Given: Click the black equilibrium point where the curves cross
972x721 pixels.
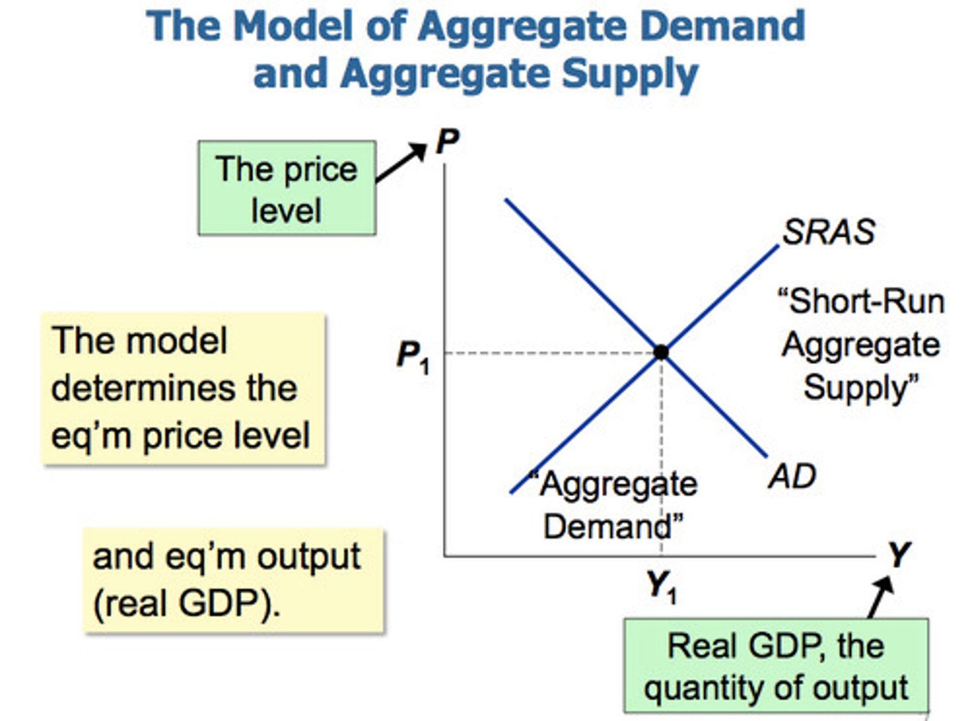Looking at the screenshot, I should click(661, 352).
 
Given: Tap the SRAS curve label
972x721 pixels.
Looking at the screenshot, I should click(828, 232).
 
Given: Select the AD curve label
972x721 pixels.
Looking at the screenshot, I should click(792, 477).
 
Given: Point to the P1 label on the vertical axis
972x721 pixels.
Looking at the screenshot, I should click(412, 356).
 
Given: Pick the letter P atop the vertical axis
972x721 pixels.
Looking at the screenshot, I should click(447, 142).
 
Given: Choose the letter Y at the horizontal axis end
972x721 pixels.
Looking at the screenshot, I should click(898, 555).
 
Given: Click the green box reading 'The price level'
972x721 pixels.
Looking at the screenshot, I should click(287, 188).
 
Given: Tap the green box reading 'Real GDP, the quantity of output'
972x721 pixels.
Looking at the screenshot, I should click(776, 666).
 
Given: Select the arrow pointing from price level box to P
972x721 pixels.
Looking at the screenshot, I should click(401, 163).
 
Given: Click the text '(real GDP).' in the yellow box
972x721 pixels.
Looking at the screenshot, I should click(186, 603).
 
